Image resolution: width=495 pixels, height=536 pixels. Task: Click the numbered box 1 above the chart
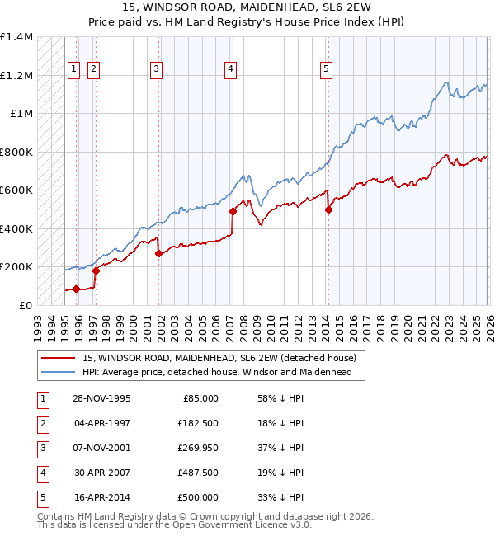(74, 70)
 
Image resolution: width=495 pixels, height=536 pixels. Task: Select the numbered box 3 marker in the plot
(156, 70)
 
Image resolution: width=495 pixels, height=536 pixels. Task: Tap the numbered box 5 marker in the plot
(327, 70)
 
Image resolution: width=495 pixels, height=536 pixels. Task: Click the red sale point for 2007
(233, 211)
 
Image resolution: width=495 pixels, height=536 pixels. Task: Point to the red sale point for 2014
(328, 209)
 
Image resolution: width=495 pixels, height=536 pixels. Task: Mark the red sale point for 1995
(77, 289)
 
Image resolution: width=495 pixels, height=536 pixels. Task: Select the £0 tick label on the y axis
(26, 305)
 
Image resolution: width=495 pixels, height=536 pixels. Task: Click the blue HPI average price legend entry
(217, 373)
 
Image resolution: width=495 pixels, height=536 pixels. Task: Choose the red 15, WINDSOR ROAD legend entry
(219, 358)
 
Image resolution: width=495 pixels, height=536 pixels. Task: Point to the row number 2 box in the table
(41, 423)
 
